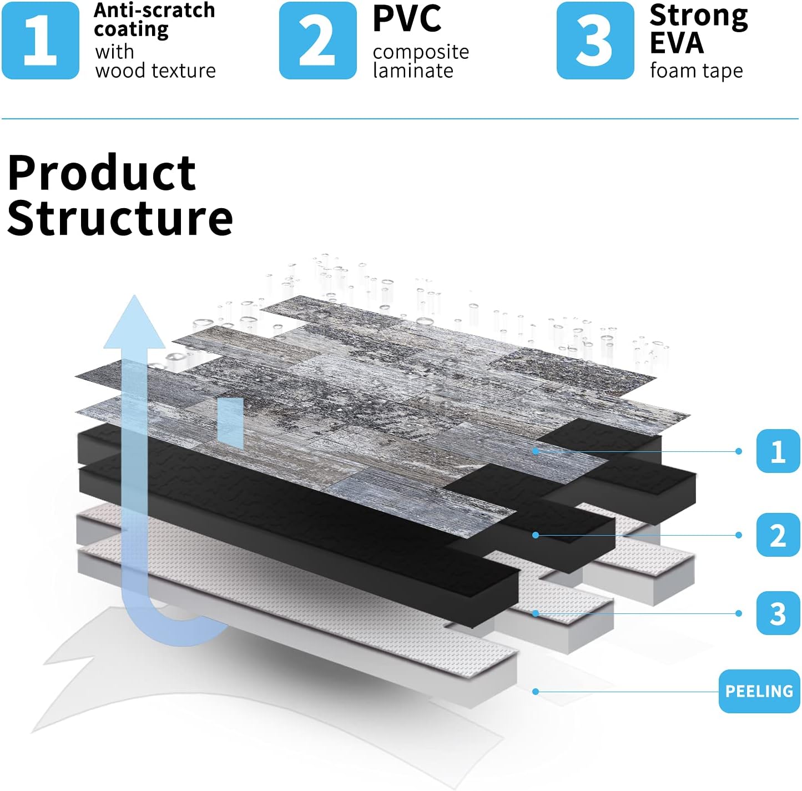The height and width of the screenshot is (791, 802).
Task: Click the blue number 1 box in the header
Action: click(x=41, y=41)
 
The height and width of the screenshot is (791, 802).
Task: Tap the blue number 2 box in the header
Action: click(x=317, y=41)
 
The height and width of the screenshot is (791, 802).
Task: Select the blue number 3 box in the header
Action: click(x=595, y=41)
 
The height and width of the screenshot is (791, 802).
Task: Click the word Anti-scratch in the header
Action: click(x=154, y=11)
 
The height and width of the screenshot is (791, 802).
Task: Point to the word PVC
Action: click(x=407, y=18)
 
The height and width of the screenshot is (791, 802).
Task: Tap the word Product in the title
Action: click(x=102, y=172)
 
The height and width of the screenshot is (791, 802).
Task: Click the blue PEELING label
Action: click(x=759, y=691)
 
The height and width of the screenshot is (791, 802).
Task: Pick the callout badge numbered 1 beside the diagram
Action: click(x=778, y=451)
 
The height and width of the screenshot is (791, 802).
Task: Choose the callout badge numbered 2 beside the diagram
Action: click(x=778, y=535)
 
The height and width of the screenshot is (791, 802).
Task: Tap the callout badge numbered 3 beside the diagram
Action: click(x=778, y=613)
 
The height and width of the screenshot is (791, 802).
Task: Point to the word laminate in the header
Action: click(x=413, y=70)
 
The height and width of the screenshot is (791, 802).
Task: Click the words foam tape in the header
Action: click(x=697, y=71)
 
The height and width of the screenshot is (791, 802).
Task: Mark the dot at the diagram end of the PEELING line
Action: click(x=536, y=692)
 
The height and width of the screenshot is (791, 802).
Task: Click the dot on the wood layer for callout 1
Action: click(x=536, y=451)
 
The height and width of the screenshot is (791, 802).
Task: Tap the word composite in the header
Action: click(x=421, y=52)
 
